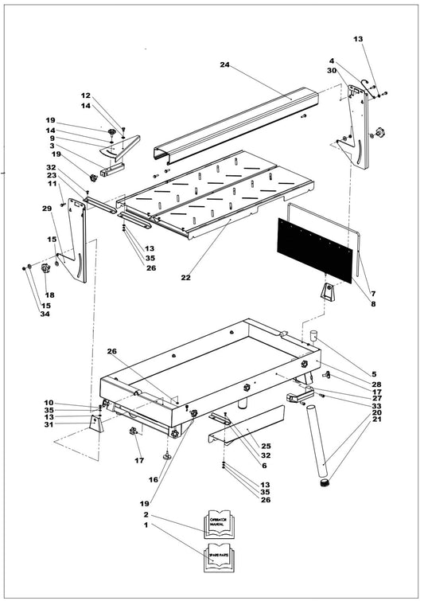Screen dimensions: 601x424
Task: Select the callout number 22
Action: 186,278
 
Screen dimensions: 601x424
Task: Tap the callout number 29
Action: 46,209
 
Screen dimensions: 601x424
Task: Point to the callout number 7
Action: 372,294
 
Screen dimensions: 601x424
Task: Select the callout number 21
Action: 376,420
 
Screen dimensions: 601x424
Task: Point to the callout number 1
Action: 145,526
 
